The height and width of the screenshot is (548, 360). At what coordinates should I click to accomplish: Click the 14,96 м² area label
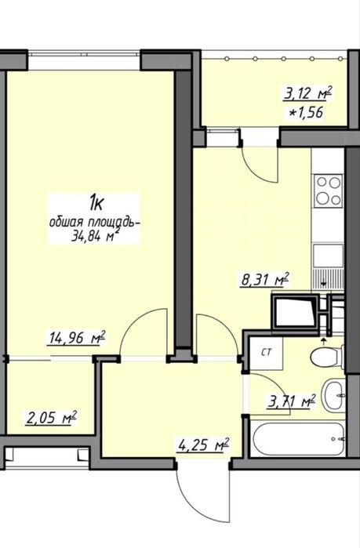77,339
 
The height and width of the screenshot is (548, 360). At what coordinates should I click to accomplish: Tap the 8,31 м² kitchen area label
265,280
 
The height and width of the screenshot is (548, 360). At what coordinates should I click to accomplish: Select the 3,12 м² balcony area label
307,93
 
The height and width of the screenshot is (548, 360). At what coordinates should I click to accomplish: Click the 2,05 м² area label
52,418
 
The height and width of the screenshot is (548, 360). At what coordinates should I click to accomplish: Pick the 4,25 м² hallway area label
204,445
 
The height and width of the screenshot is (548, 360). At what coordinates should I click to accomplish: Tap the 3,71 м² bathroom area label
292,401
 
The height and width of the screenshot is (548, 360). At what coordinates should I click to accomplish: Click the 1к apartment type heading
96,204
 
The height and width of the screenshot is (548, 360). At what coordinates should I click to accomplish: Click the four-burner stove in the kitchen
329,191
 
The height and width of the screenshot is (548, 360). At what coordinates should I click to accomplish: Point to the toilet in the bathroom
327,357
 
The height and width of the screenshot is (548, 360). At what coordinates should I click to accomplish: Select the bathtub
298,439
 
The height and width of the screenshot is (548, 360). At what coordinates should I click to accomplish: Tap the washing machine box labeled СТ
267,353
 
